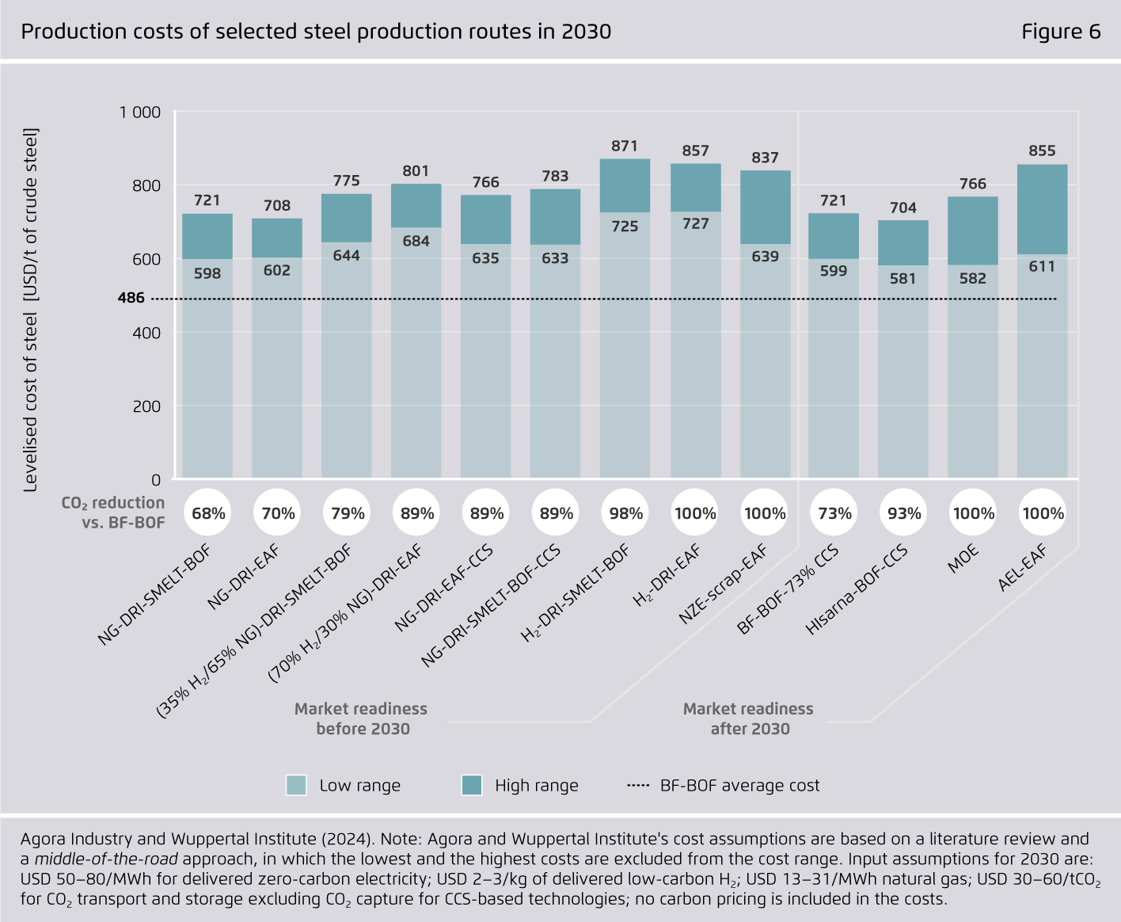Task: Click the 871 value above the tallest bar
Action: tap(625, 146)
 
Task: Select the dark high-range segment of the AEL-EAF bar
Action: tap(1042, 209)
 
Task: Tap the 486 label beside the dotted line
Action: tap(131, 298)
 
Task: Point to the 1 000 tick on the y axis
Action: tap(140, 112)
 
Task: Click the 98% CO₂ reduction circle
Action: tap(625, 513)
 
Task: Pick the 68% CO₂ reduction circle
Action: tap(208, 513)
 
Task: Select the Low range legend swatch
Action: tap(296, 785)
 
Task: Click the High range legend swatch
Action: tap(472, 785)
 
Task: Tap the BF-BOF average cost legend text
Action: tap(739, 785)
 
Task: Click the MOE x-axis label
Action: tap(963, 559)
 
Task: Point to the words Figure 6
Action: tap(1061, 32)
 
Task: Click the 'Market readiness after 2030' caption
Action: tap(749, 718)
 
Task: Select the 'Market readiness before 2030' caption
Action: tap(362, 718)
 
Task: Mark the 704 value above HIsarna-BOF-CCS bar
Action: tap(903, 208)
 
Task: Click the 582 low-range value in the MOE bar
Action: tap(973, 278)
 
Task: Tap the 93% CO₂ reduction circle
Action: tap(904, 513)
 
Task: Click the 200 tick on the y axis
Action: tap(146, 406)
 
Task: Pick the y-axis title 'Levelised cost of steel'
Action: tap(31, 309)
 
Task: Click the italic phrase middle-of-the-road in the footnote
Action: tap(106, 859)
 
